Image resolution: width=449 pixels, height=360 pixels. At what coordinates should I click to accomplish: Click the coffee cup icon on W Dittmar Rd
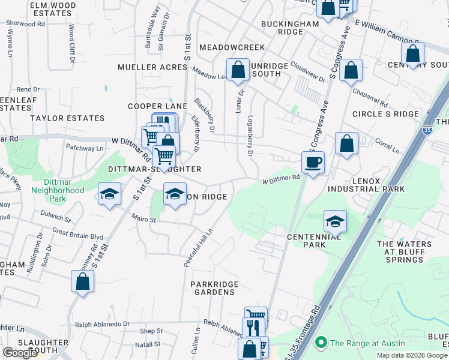(x=313, y=162)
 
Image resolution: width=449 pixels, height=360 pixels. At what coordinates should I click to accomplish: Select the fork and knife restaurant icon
(x=253, y=328)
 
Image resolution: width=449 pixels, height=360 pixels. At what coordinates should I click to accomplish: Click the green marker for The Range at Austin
(x=321, y=343)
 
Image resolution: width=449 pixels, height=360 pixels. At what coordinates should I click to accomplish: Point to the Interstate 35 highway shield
(x=427, y=131)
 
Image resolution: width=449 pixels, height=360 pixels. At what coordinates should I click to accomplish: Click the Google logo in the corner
(x=20, y=353)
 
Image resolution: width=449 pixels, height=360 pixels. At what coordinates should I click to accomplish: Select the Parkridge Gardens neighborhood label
(x=215, y=288)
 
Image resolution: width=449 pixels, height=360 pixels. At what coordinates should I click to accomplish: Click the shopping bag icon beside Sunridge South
(x=238, y=70)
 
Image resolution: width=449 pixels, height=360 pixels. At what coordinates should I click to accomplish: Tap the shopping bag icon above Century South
(x=412, y=53)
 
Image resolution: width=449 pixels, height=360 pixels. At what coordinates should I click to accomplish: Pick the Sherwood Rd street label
(x=25, y=24)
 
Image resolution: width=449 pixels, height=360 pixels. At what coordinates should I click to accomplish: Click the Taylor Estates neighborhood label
(x=38, y=119)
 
